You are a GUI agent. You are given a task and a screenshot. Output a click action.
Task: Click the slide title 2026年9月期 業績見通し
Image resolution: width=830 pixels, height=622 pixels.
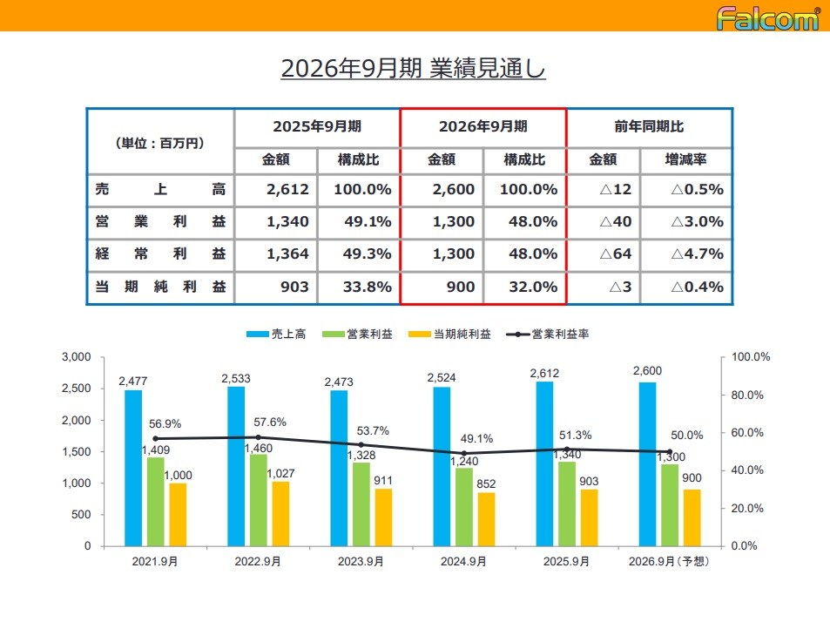(413, 69)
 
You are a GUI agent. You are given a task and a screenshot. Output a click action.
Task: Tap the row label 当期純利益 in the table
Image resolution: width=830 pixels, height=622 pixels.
(160, 287)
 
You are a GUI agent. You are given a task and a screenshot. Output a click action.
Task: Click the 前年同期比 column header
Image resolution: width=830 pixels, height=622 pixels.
(649, 126)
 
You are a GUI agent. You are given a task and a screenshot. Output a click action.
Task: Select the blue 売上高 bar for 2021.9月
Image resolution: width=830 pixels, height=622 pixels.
(133, 468)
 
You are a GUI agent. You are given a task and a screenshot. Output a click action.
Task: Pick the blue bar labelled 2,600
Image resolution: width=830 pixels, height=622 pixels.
(647, 463)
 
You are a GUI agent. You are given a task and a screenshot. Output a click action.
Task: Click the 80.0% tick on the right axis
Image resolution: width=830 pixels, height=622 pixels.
(746, 395)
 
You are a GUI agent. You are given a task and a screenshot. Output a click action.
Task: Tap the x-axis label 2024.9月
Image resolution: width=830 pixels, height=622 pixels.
(463, 562)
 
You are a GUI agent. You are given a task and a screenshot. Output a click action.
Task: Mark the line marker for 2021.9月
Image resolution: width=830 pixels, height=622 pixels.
(156, 439)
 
